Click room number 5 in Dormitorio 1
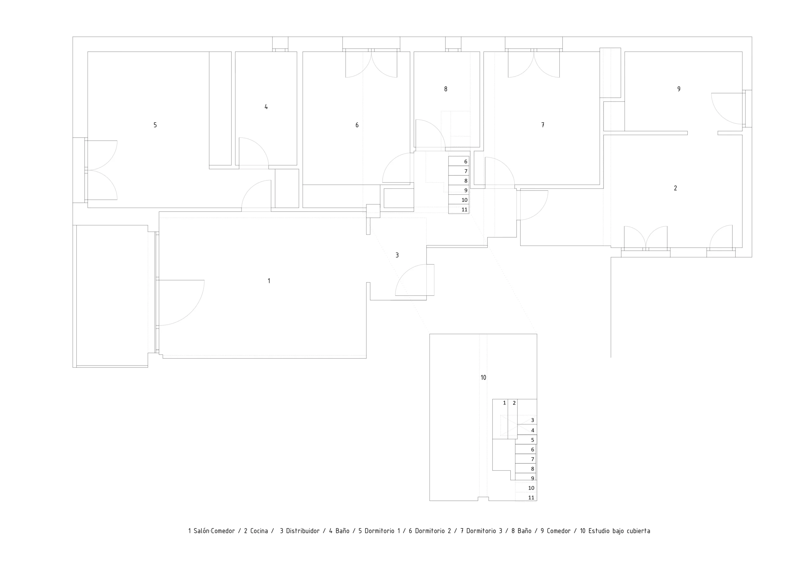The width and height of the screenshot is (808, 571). [155, 125]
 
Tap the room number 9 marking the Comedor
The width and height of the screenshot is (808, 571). [679, 89]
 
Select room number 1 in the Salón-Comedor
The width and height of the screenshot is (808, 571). [269, 281]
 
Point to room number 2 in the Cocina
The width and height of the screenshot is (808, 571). [675, 188]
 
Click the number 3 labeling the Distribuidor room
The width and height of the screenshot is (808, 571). [397, 255]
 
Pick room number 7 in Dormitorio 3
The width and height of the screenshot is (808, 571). [543, 125]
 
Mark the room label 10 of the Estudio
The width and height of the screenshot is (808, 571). [483, 378]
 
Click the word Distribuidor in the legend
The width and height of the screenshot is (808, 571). [303, 531]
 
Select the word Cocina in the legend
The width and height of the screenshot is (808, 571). [259, 531]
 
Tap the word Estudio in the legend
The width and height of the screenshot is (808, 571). [599, 531]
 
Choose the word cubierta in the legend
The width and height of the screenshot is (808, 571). [639, 531]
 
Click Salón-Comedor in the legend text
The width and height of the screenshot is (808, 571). [214, 531]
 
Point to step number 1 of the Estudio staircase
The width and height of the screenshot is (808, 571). [504, 403]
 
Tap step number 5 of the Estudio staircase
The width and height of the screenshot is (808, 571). [532, 440]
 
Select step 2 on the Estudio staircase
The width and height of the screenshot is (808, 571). [514, 403]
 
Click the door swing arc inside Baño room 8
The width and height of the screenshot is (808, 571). [437, 128]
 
